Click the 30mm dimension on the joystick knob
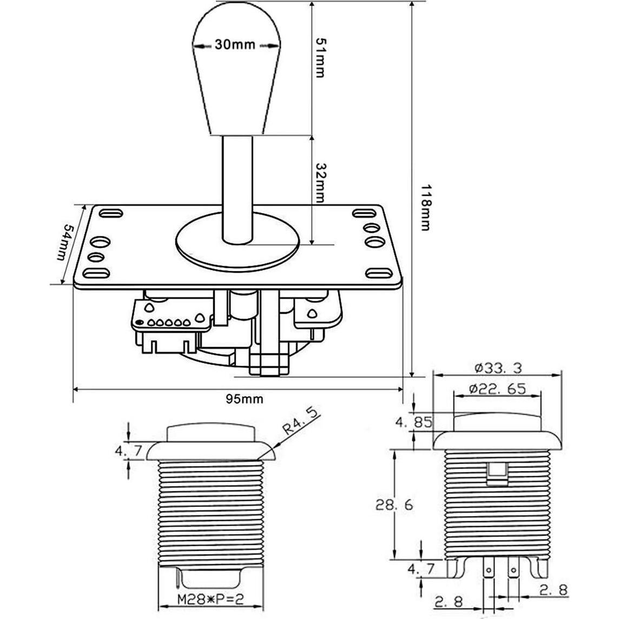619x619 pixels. [235, 44]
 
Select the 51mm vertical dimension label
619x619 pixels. [320, 58]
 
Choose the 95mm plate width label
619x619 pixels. [245, 399]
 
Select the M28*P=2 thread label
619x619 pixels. [210, 601]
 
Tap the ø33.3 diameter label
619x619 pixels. [498, 368]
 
